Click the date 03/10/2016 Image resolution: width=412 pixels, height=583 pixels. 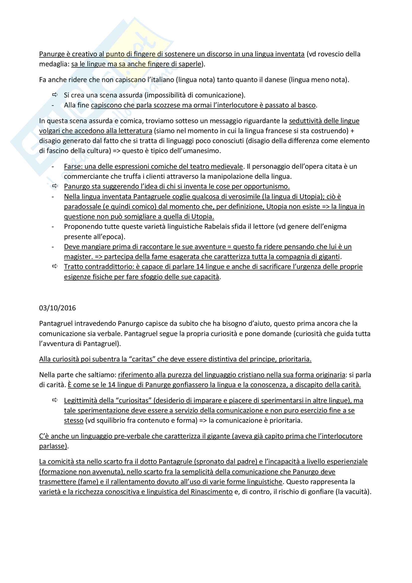pyautogui.click(x=57, y=308)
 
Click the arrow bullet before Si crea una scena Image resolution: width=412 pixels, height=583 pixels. pyautogui.click(x=55, y=95)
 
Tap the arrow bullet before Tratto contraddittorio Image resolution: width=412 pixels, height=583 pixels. pyautogui.click(x=55, y=266)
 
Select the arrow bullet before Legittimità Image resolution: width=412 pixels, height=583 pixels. pyautogui.click(x=55, y=400)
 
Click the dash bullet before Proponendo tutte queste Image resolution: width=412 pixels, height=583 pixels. pyautogui.click(x=53, y=227)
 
